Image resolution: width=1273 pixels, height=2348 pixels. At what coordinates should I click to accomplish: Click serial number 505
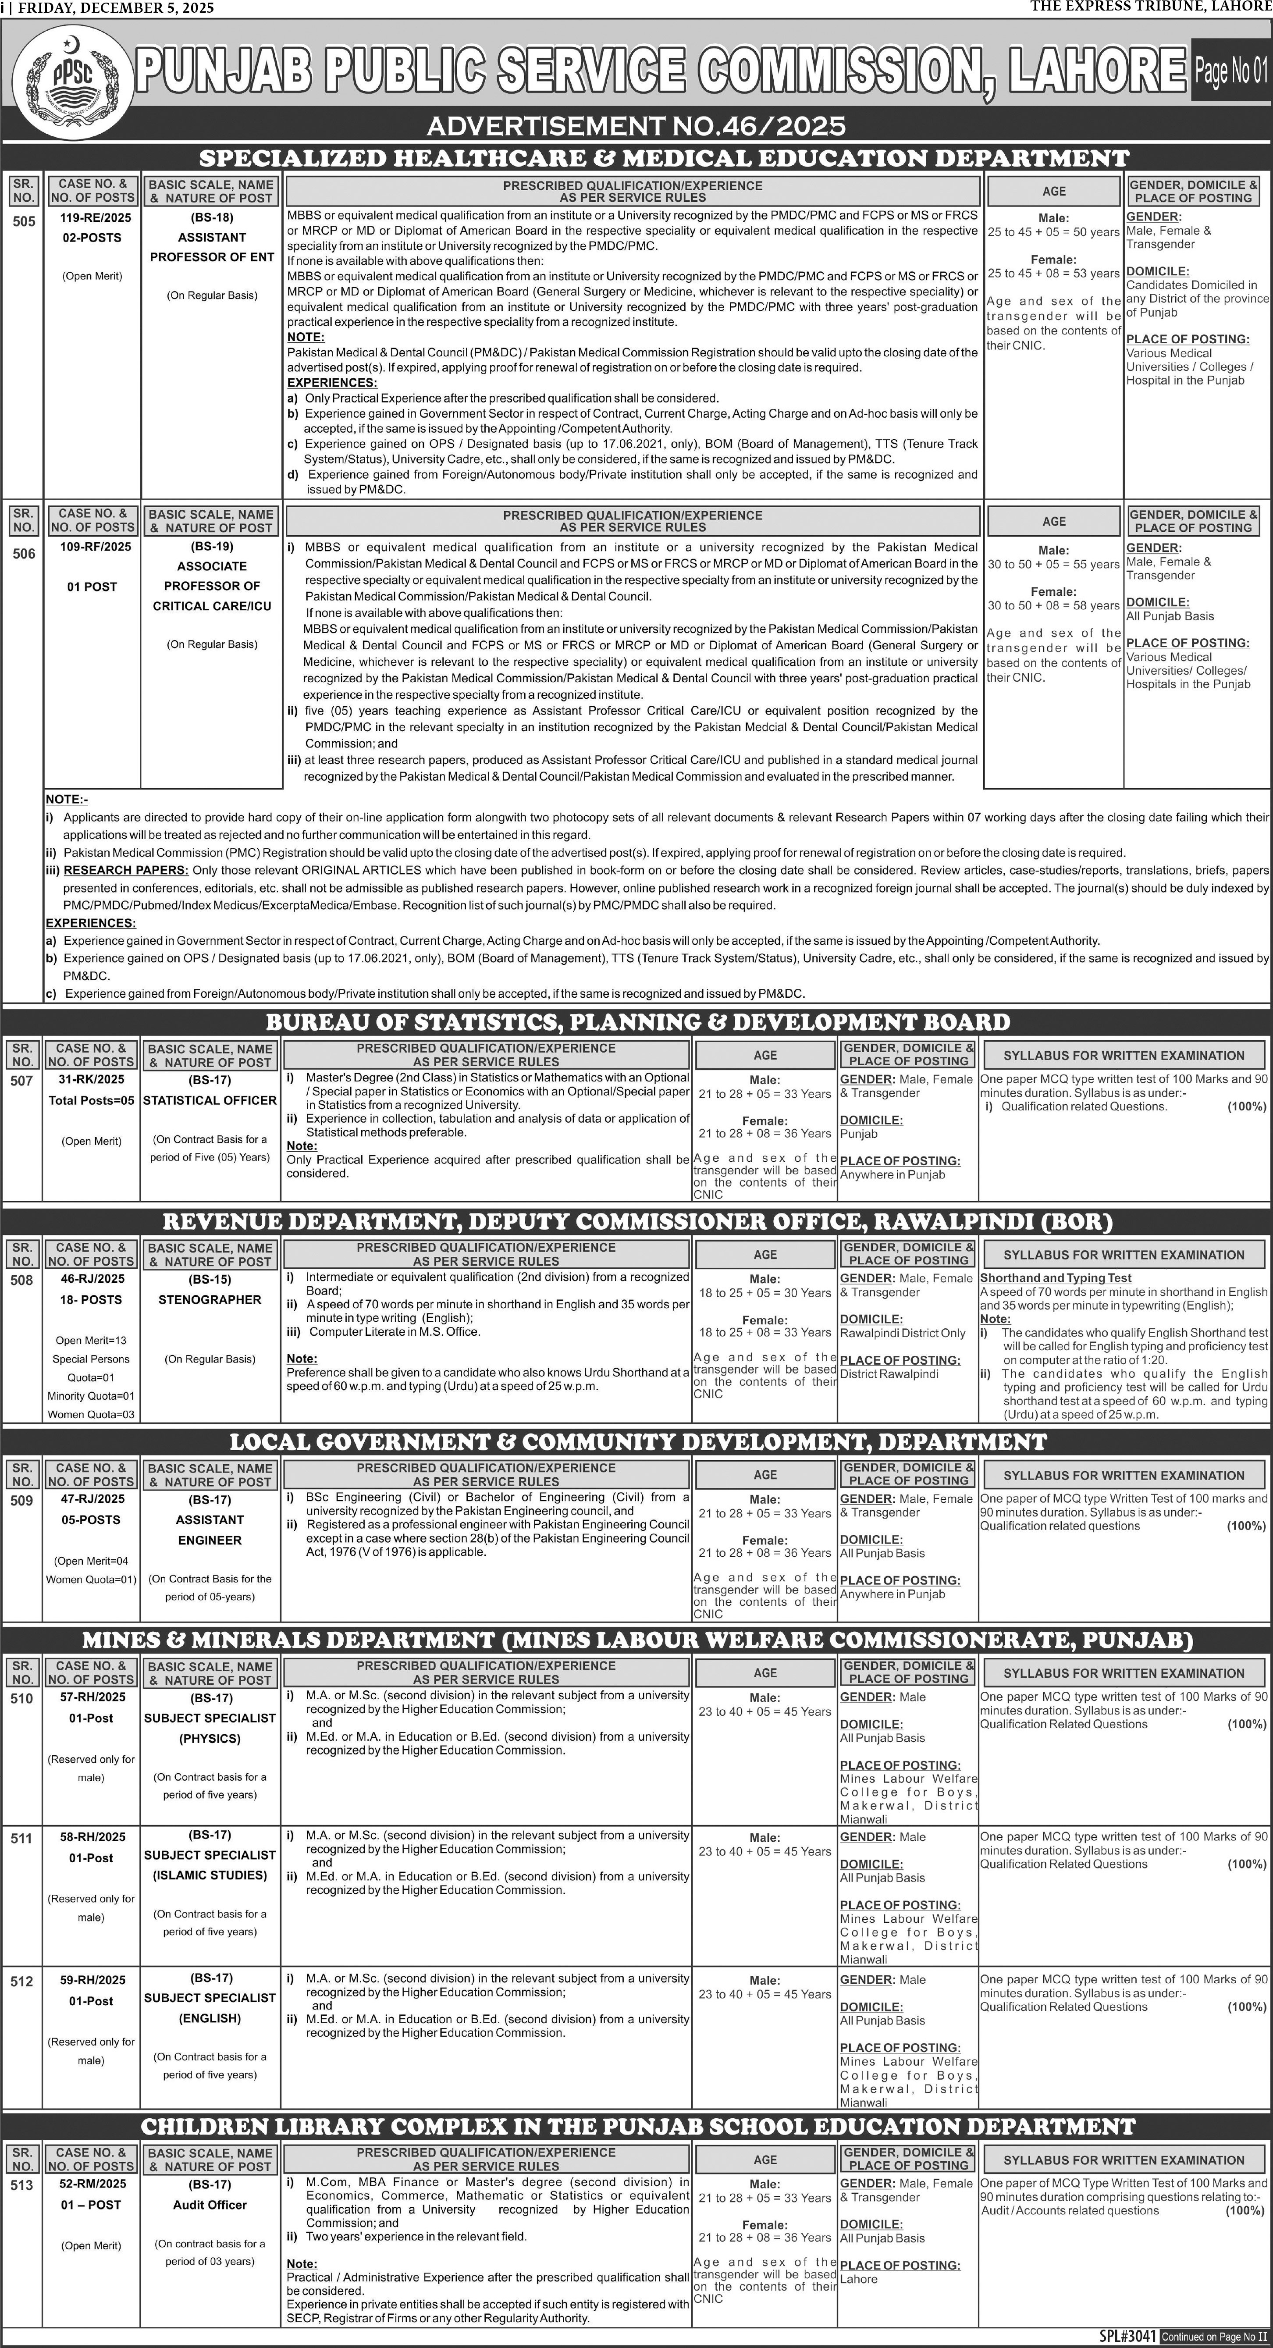(x=24, y=221)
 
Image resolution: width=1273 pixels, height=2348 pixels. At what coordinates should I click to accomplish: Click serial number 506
(x=24, y=553)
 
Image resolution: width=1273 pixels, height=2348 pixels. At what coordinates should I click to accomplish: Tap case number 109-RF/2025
(x=92, y=547)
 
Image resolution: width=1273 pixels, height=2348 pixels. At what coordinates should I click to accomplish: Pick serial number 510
(x=22, y=1698)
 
